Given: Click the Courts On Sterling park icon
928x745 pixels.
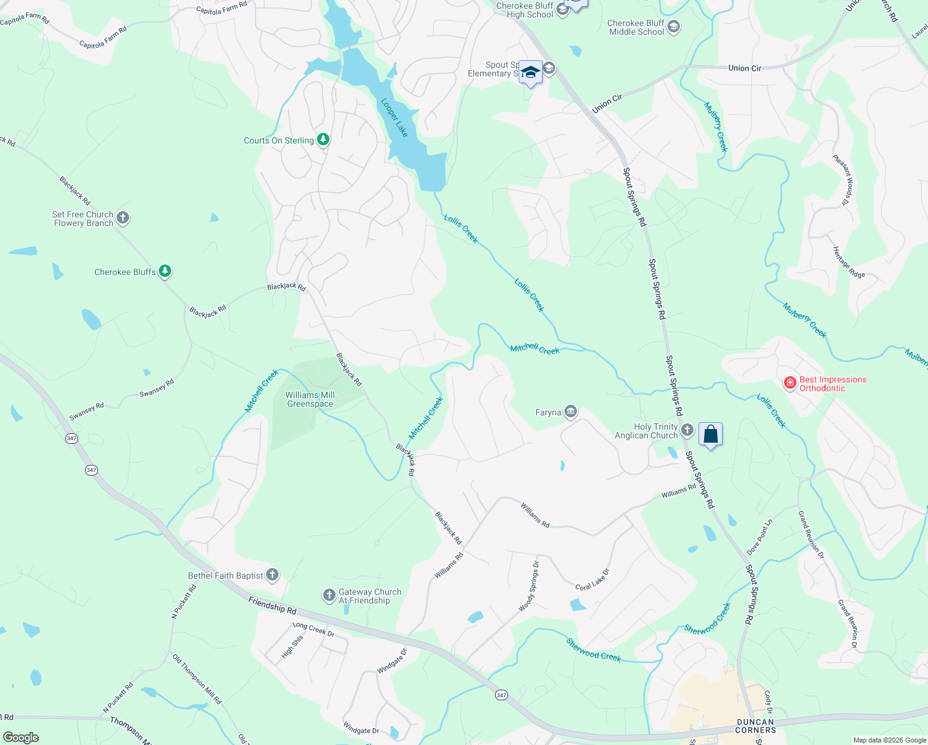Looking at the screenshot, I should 323,140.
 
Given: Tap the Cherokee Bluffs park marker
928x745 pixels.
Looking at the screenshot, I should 164,271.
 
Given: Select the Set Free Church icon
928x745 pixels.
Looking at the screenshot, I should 123,218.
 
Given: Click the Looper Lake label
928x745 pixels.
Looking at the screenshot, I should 395,117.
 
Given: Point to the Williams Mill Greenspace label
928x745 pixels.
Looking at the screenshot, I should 310,399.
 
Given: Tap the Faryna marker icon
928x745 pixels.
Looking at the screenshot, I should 571,412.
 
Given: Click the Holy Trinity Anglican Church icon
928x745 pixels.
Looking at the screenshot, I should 687,430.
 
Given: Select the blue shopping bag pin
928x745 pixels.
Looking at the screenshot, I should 710,435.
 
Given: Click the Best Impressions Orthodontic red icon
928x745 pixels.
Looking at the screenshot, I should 790,382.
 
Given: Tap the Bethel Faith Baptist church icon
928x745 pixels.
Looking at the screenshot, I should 272,575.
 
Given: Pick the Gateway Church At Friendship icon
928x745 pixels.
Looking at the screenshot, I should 329,596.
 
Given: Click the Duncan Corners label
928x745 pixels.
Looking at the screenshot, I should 756,726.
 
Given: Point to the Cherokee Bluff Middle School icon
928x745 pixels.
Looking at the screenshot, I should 674,27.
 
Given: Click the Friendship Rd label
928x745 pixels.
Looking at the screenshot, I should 272,605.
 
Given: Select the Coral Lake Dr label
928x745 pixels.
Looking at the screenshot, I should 592,579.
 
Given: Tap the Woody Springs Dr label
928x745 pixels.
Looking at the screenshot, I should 529,585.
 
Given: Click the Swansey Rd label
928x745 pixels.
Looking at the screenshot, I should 156,389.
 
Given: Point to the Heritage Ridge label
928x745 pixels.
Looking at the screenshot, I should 848,263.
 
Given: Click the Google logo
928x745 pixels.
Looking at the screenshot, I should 21,737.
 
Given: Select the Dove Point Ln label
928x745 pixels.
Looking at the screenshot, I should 759,537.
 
